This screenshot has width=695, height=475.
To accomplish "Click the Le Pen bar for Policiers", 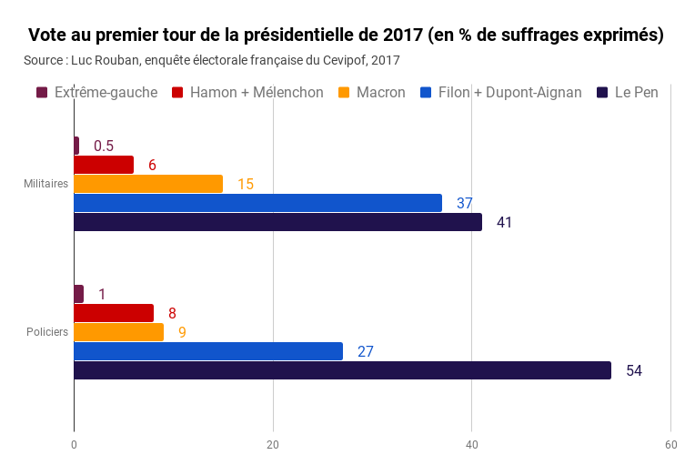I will pos(342,370).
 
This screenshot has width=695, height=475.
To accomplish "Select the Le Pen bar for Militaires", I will pos(277,222).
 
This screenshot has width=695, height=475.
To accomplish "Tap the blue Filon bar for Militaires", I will pos(257,203).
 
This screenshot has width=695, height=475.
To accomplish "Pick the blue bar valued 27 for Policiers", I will pos(208,351).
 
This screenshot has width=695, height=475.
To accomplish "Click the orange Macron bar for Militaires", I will pos(148,184).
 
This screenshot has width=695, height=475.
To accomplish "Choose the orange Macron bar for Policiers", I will pos(118,332).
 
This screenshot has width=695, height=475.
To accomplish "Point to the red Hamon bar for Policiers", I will pos(114,313).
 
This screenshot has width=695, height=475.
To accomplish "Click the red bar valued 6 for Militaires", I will pos(104,165).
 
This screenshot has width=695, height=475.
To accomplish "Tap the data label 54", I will pos(634,370).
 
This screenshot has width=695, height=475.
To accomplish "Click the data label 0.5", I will pos(104,146).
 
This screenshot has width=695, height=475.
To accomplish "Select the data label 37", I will pos(465,203).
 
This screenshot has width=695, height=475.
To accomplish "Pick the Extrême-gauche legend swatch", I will pos(42,92).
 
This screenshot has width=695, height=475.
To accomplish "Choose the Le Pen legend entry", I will pos(627,92).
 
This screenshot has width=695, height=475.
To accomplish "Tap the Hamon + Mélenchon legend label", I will pos(257,92).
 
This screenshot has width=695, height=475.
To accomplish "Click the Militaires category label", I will pos(46,184).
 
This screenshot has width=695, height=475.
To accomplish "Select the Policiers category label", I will pos(48,332).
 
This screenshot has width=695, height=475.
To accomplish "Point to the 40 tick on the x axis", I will pos(472,444).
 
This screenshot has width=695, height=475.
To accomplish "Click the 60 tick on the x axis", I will pos(670,444).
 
